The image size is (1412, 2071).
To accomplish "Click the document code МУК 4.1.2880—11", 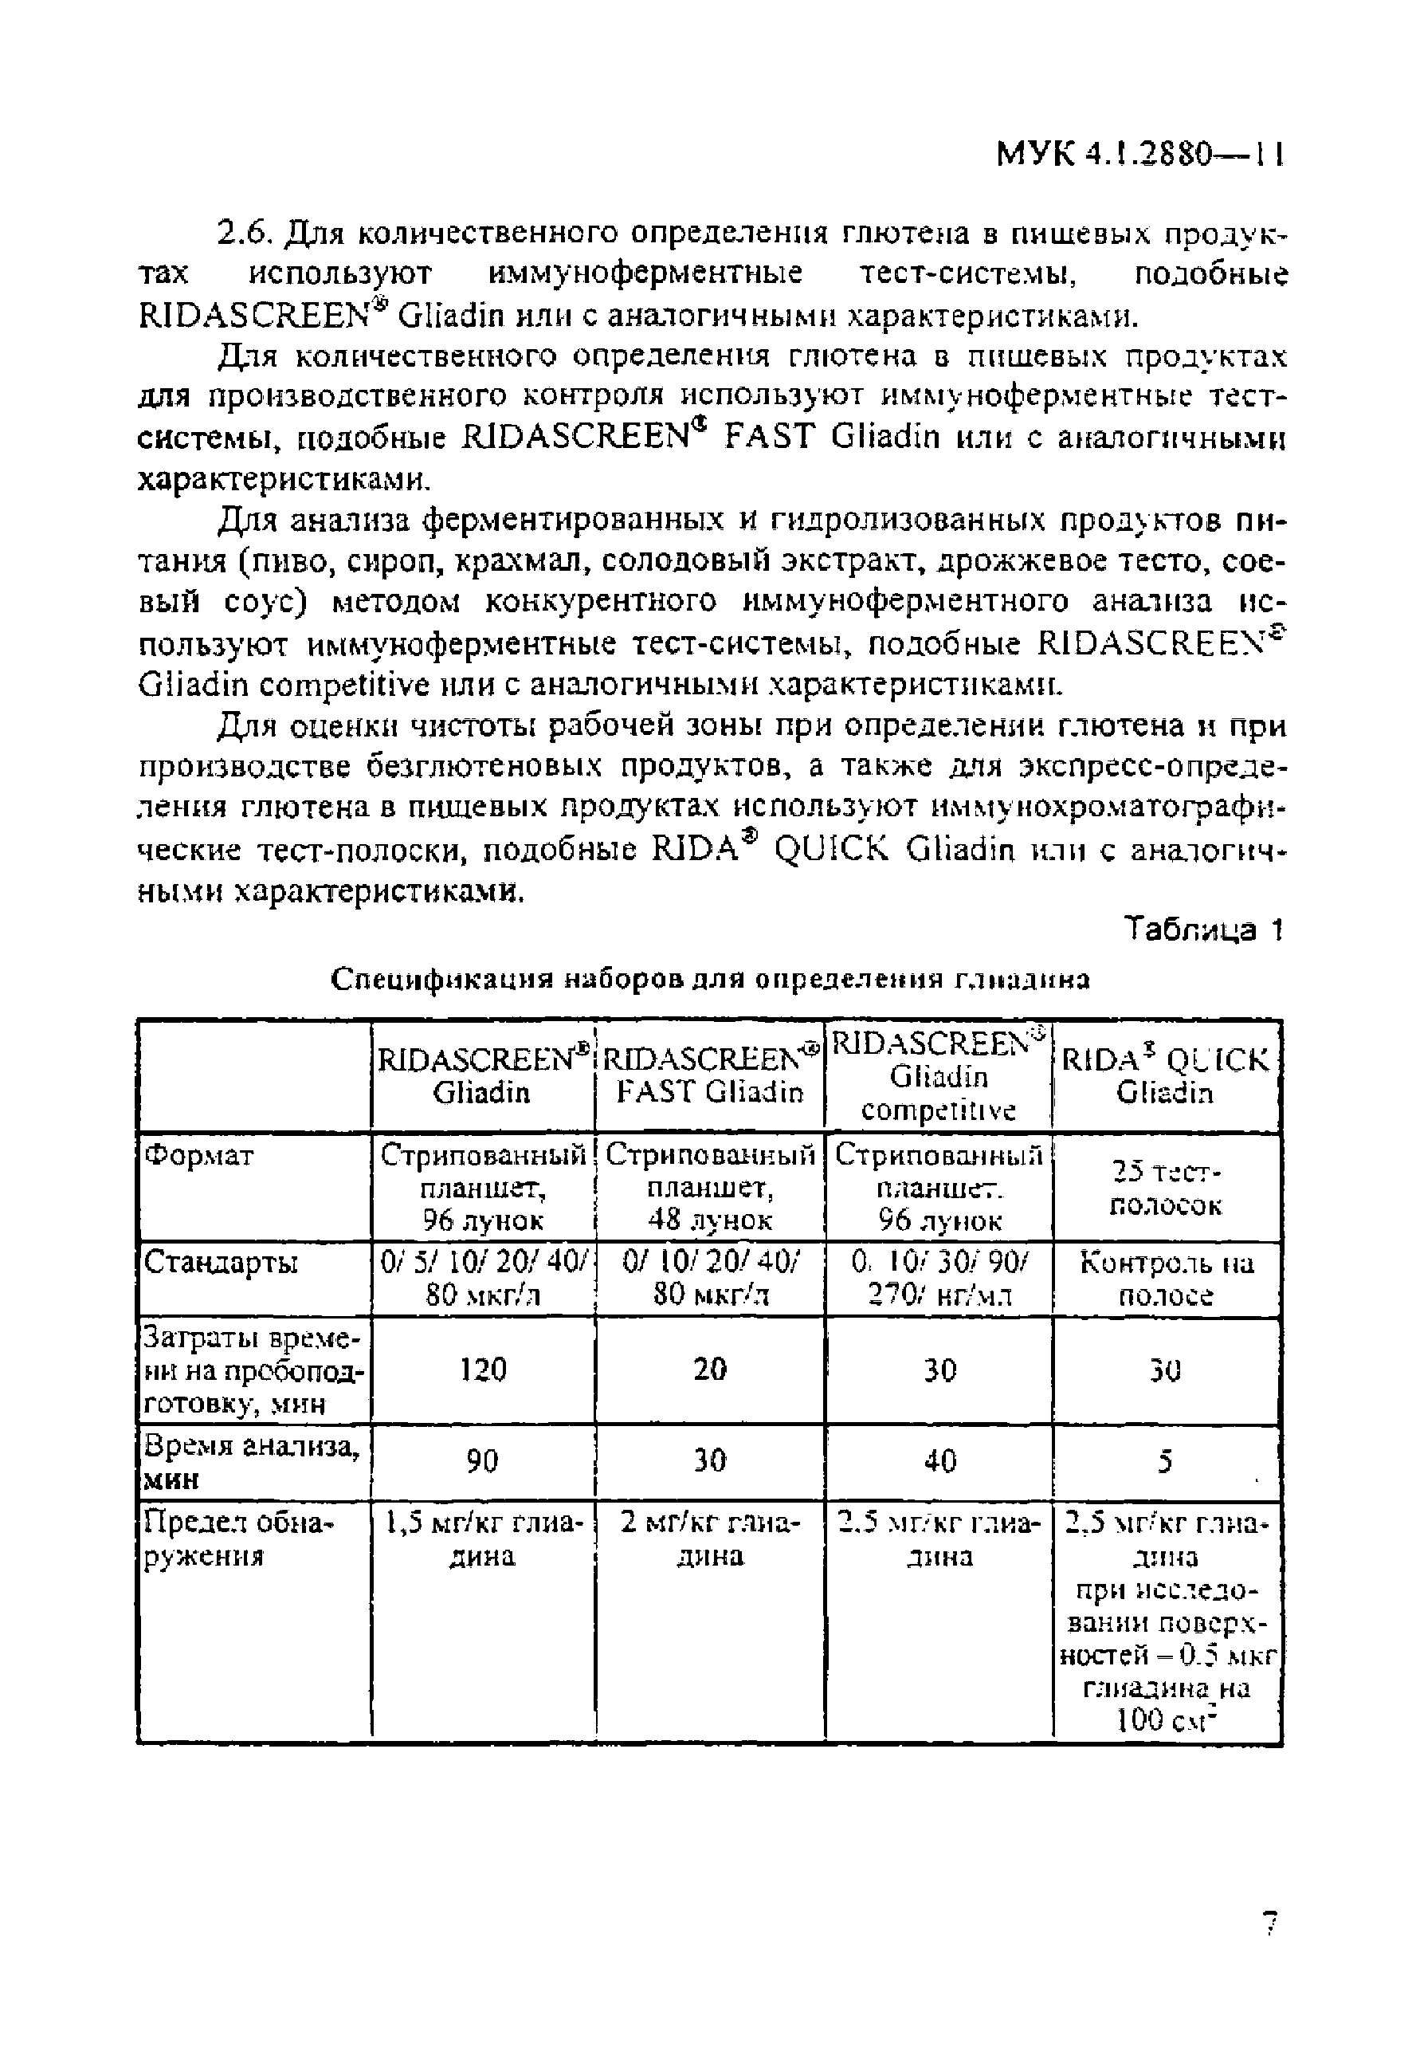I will point(1139,155).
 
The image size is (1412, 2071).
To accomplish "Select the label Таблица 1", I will point(1202,930).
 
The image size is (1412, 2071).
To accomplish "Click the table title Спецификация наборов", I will point(710,980).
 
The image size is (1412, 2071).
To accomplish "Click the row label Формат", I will point(198,1157).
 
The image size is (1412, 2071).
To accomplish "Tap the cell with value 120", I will point(483,1370).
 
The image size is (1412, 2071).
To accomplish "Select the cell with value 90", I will point(483,1460).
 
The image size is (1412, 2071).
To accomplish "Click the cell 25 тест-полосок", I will point(1165,1188).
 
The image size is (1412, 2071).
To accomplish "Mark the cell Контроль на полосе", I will point(1165,1279).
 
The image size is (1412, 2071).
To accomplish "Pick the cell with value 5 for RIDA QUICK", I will point(1165,1461).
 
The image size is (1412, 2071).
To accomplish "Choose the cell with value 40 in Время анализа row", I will point(939,1460).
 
